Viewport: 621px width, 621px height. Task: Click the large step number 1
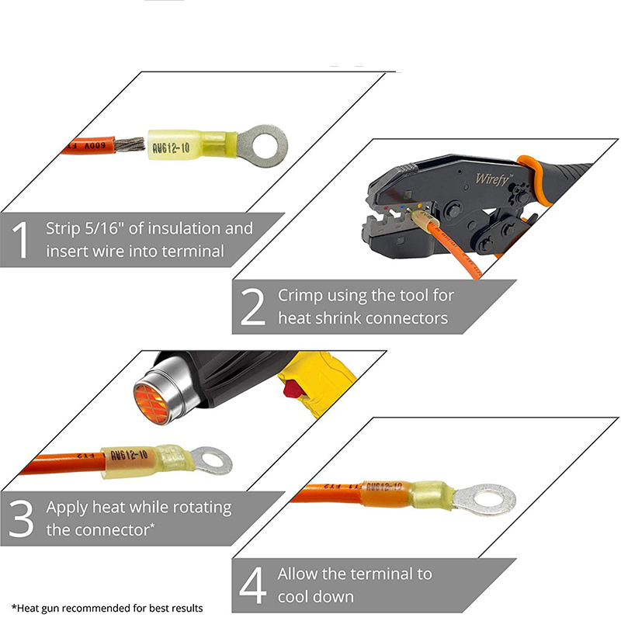(20, 240)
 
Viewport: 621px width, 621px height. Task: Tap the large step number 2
(253, 307)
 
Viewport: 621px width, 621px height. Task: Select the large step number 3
(21, 519)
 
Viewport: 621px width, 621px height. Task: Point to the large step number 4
(253, 585)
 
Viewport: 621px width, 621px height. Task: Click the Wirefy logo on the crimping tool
(492, 179)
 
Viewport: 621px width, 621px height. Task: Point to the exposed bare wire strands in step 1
(130, 144)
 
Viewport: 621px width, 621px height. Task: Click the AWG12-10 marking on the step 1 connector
(171, 148)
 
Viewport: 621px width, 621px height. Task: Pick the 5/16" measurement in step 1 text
(102, 228)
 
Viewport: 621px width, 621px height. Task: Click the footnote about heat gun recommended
(107, 609)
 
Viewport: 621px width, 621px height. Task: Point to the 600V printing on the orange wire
(95, 146)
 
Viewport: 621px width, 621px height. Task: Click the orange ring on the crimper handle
(534, 179)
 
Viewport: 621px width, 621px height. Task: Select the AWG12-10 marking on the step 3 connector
(129, 455)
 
